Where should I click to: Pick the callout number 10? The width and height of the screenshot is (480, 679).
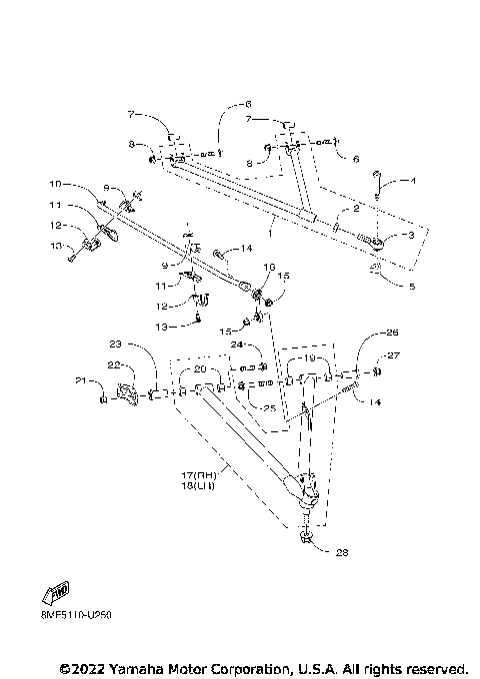55,185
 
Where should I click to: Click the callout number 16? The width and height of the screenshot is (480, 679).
268,268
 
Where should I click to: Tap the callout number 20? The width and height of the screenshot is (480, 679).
200,369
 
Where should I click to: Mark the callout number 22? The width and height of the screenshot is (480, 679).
114,365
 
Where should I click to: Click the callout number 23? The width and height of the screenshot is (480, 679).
115,344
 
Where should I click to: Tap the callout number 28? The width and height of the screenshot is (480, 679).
343,552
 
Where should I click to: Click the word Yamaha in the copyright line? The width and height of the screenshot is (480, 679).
127,667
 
